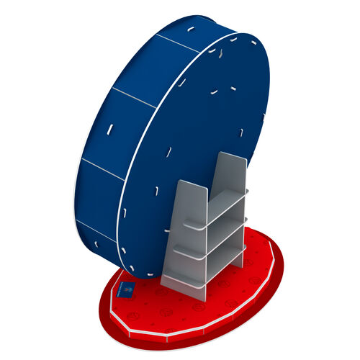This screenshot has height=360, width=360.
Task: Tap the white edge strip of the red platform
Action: coord(180,331)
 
